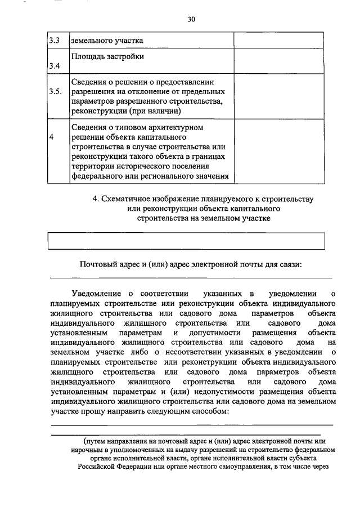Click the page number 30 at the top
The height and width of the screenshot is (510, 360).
[191, 19]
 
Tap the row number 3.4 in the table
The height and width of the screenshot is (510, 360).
[54, 66]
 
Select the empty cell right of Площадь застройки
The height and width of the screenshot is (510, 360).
[278, 61]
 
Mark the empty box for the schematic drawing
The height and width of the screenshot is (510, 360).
[187, 241]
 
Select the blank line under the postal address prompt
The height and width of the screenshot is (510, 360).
[191, 277]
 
